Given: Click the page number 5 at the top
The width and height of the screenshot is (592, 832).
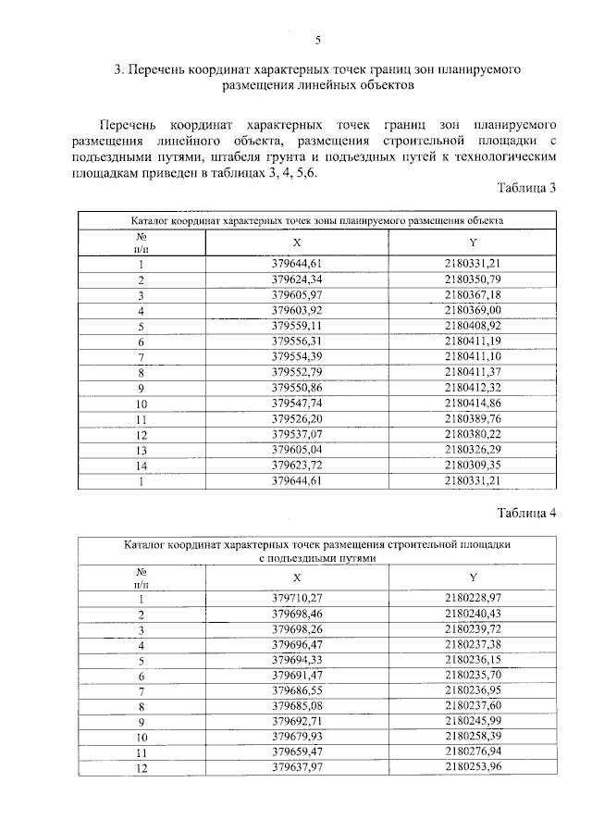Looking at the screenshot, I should [317, 40].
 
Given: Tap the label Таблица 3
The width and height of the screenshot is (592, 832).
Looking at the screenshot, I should [525, 189].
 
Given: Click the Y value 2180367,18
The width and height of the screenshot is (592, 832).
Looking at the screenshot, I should [472, 294].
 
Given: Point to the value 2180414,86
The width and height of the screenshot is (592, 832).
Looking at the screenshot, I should [472, 404].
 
